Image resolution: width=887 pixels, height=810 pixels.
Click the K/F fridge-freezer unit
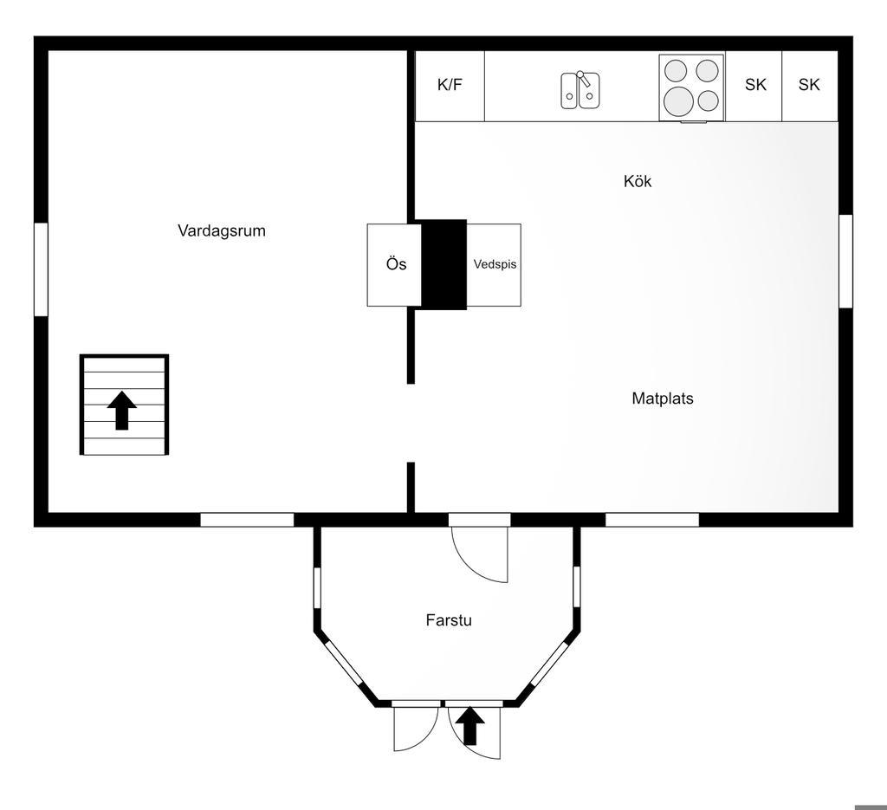click(x=450, y=85)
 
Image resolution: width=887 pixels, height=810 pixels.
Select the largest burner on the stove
click(x=681, y=101)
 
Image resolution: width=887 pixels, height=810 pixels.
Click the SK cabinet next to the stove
click(x=754, y=85)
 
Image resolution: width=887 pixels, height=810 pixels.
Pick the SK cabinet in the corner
click(x=809, y=85)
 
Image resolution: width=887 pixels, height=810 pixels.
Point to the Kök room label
click(x=638, y=181)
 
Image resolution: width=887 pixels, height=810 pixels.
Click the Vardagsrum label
click(x=221, y=230)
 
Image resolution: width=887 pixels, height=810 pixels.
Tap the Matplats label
click(x=663, y=399)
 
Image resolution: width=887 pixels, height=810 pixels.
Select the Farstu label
click(x=449, y=620)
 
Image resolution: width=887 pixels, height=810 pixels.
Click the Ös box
click(x=395, y=264)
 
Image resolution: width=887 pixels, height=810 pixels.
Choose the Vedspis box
click(x=495, y=264)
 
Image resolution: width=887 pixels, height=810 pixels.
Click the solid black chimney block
click(x=443, y=264)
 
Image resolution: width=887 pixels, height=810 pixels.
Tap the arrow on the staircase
click(x=122, y=410)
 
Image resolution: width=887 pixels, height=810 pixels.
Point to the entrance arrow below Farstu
click(x=470, y=726)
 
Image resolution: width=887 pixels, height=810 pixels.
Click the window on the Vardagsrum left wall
click(x=41, y=269)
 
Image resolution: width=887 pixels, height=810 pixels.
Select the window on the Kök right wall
click(x=845, y=261)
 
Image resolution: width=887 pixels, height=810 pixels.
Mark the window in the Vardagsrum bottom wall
click(x=247, y=520)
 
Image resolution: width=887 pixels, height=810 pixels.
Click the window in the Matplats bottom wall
click(x=651, y=520)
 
